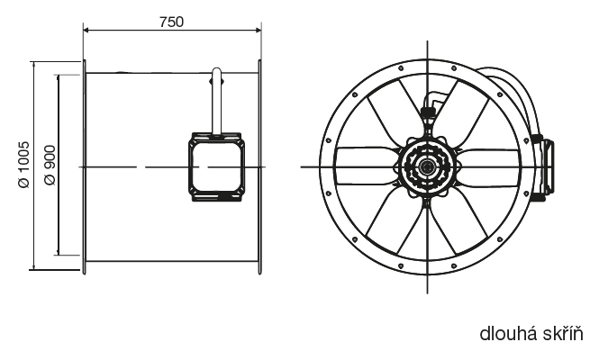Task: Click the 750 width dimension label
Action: coord(171,22)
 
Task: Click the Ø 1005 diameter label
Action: coord(23,165)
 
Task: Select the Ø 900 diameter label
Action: coord(50,166)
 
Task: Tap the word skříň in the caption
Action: coord(563,334)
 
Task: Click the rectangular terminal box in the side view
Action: coord(216,166)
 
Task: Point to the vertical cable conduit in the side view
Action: coord(217,101)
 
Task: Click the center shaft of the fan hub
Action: coord(427,166)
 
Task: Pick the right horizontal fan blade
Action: coord(488,166)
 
